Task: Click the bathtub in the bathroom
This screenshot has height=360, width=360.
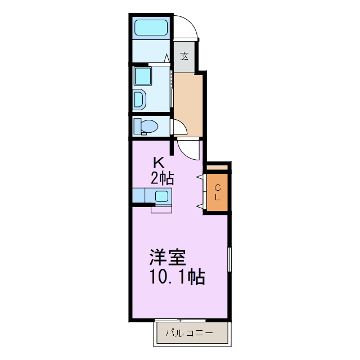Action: point(150,28)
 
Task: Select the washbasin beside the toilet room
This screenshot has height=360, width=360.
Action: point(139,99)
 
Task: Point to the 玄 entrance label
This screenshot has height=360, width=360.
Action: point(184,56)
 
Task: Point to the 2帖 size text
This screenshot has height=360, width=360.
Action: point(161,178)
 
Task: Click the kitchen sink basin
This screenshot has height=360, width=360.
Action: point(161,196)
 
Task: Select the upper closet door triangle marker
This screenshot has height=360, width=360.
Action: point(199,178)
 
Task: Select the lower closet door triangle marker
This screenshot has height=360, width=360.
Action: point(199,207)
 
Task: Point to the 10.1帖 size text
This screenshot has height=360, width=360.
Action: point(176,277)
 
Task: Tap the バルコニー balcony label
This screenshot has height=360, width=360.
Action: point(189,333)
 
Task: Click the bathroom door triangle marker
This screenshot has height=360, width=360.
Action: point(166,57)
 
